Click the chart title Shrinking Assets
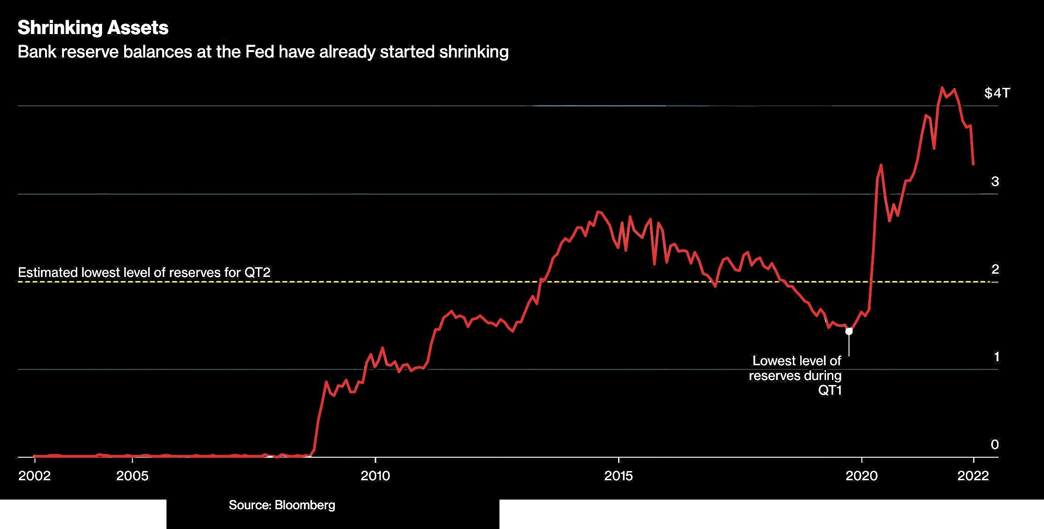(x=93, y=28)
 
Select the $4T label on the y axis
(x=997, y=93)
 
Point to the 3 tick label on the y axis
(x=995, y=182)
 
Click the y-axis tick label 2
(x=995, y=269)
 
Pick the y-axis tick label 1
(x=996, y=357)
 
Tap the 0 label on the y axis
(x=995, y=444)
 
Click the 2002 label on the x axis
(x=34, y=476)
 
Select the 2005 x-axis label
(x=132, y=476)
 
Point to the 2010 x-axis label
(x=375, y=476)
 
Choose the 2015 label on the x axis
(x=619, y=476)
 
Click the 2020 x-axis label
(x=861, y=476)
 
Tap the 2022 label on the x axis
(x=973, y=476)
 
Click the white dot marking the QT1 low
(x=849, y=331)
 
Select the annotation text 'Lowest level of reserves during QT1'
(x=796, y=375)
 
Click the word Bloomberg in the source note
(x=305, y=505)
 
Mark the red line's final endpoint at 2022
(x=973, y=164)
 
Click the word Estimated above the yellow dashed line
(x=48, y=273)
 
